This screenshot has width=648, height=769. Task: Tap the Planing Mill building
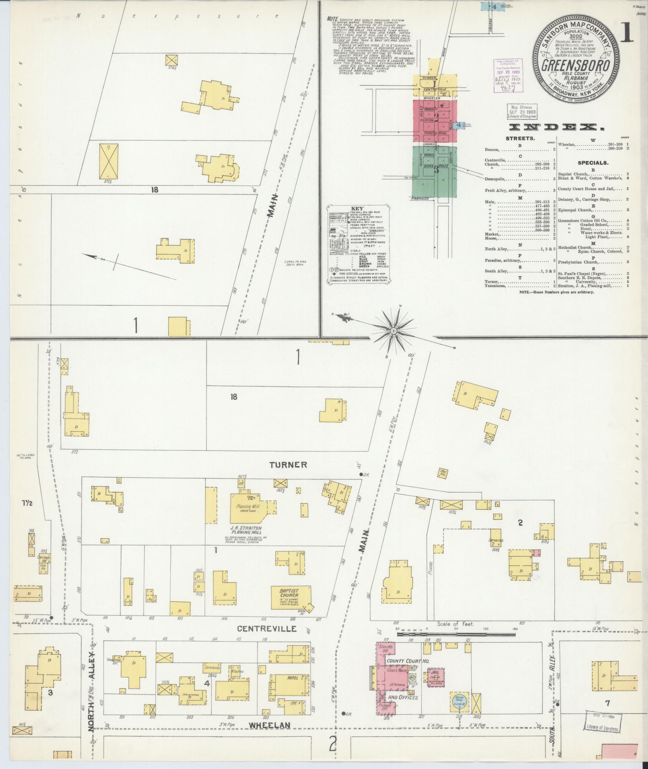(x=250, y=507)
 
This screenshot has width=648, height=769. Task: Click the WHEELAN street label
(x=269, y=725)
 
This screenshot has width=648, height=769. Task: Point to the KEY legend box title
(x=357, y=209)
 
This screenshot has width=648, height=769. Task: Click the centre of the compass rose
(x=393, y=330)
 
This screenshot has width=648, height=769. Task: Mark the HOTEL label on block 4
(x=293, y=678)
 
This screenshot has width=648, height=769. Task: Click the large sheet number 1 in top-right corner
(x=626, y=33)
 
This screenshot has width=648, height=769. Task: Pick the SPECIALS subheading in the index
(x=593, y=163)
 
